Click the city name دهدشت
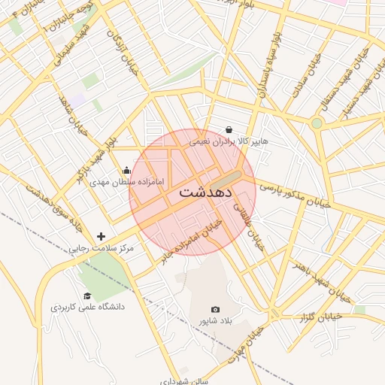[x=196, y=192]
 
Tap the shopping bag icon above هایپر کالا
[x=229, y=129]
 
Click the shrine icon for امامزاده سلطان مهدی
[x=126, y=170]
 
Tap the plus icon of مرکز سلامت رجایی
[x=102, y=236]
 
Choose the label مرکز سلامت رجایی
[x=101, y=247]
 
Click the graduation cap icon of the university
[x=87, y=296]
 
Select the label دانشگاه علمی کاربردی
[x=87, y=307]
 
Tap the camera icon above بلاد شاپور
[x=216, y=309]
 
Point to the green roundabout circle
[x=317, y=123]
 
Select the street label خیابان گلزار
[x=320, y=317]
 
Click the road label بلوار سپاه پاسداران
[x=269, y=68]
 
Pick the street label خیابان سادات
[x=302, y=75]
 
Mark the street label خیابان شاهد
[x=73, y=114]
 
